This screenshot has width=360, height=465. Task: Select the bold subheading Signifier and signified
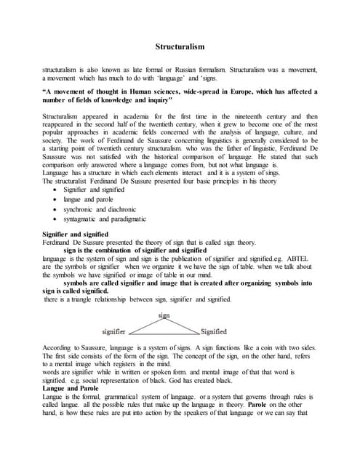tap(76, 233)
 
